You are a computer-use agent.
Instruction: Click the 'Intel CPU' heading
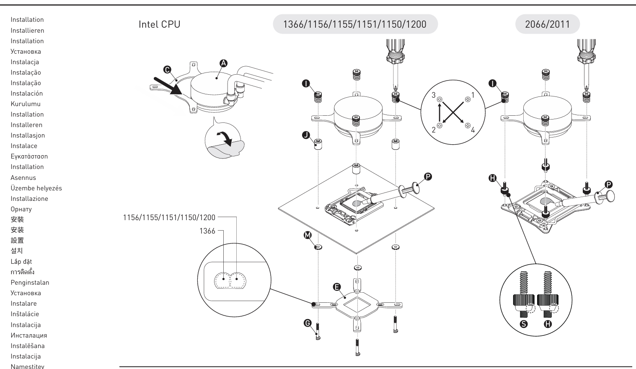tap(159, 24)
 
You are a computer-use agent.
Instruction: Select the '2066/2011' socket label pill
tap(547, 24)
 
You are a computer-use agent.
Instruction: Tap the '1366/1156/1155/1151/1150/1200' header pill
tap(355, 24)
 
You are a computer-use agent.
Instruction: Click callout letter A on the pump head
tap(223, 63)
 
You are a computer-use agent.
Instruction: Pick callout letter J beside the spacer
tap(306, 135)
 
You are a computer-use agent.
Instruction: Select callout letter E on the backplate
tap(336, 287)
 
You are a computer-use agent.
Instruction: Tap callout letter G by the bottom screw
tap(308, 322)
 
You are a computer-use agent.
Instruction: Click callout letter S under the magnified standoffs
tap(523, 324)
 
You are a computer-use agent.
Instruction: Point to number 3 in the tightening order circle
tap(434, 96)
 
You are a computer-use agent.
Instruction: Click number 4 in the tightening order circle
tap(473, 130)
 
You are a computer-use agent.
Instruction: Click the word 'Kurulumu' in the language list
tap(26, 104)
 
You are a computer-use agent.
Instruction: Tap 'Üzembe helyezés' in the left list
tap(36, 188)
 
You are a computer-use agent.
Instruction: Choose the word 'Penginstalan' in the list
tap(30, 283)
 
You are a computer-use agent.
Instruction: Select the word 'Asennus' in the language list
tap(23, 178)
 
